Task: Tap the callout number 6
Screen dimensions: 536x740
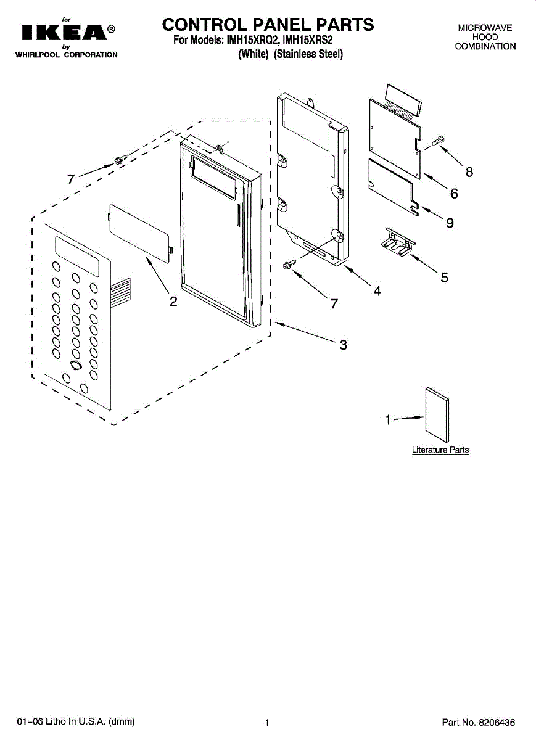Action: tap(454, 194)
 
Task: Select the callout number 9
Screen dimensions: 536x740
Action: tap(450, 223)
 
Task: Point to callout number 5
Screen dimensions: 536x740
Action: tap(444, 277)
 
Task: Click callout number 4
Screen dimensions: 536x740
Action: tap(377, 291)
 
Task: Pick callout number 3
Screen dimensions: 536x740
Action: tap(343, 345)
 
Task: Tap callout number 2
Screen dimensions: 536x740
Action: tap(174, 302)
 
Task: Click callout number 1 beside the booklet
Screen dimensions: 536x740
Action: tap(388, 421)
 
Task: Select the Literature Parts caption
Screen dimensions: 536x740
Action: tap(440, 450)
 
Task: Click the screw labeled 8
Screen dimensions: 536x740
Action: tap(438, 141)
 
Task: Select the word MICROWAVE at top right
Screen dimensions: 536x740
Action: tap(485, 28)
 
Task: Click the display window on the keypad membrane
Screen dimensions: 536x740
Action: tap(77, 256)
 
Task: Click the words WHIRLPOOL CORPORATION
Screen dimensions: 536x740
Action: tap(66, 55)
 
